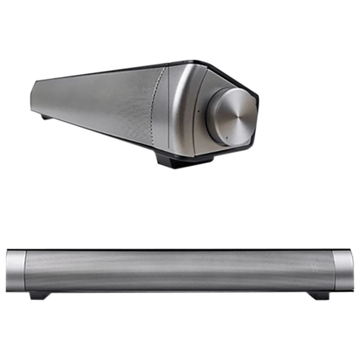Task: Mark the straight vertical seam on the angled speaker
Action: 169,109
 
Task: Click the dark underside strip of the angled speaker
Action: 109,136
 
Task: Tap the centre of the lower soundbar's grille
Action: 179,270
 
